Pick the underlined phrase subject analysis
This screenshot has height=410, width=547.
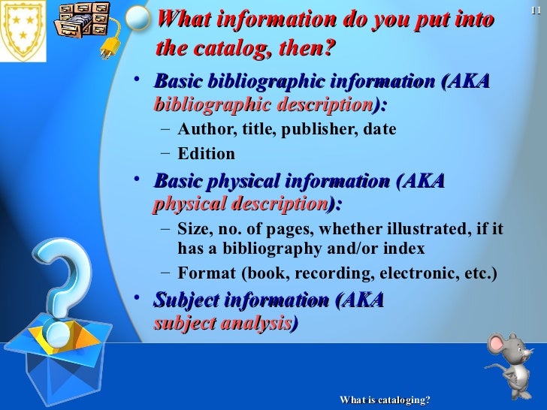[222, 323]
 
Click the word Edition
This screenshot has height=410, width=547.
[206, 155]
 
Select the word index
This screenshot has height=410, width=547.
[406, 249]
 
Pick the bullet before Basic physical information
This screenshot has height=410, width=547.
[136, 178]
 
